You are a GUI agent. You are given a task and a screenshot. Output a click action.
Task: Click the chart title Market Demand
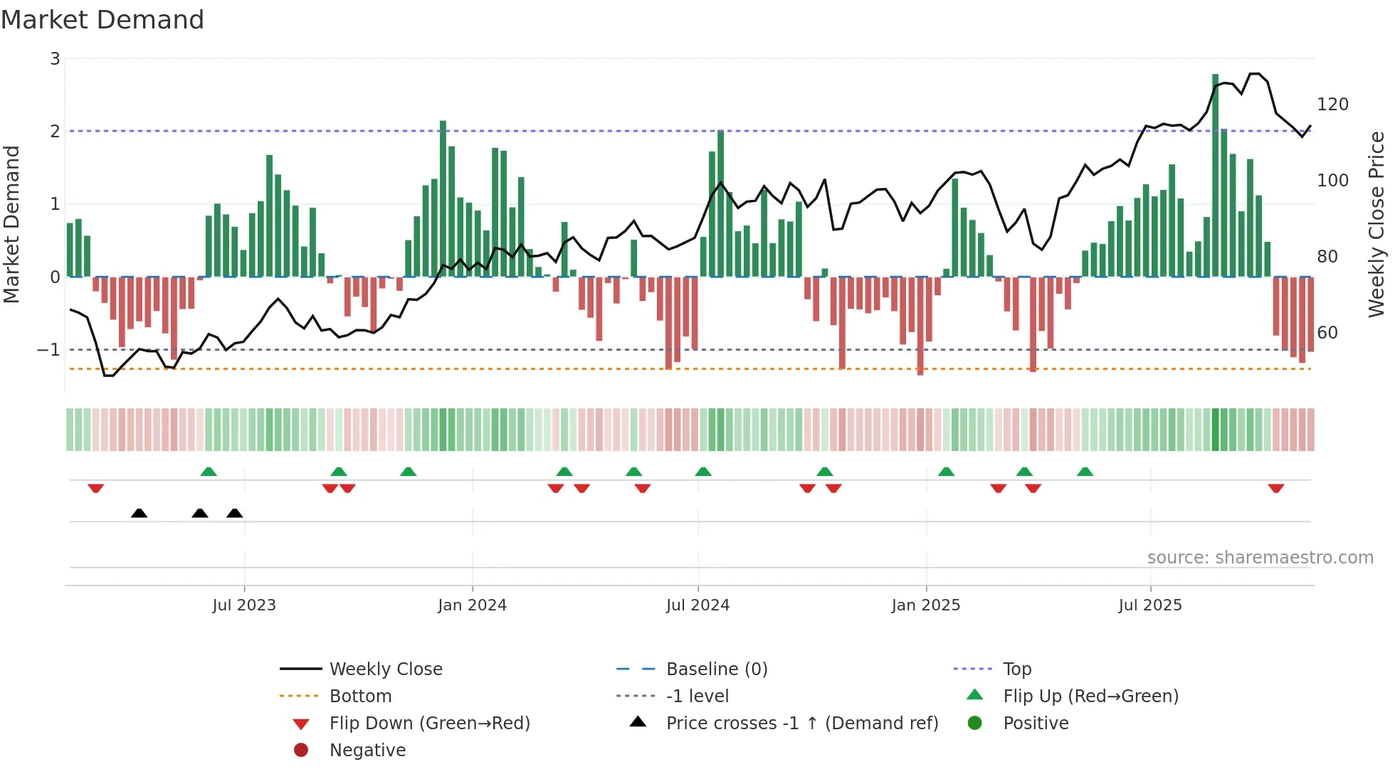(x=102, y=20)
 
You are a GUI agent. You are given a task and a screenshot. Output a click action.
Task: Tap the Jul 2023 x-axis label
(x=243, y=605)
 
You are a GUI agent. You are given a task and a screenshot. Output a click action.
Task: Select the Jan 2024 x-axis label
(x=472, y=605)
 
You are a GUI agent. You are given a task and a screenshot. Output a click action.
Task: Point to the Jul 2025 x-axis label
(x=1149, y=605)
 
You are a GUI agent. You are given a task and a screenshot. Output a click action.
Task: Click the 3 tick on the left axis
(x=55, y=59)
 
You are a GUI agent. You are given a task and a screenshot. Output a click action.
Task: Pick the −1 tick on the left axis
(x=48, y=350)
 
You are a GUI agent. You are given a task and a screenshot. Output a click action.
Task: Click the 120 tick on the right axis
(x=1332, y=105)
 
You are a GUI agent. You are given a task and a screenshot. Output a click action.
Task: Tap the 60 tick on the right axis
(x=1327, y=333)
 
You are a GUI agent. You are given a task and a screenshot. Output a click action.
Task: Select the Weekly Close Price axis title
(x=1376, y=224)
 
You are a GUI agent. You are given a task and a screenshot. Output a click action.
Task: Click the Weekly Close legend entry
(x=385, y=669)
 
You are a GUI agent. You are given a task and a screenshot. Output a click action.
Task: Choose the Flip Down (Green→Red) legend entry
(x=429, y=724)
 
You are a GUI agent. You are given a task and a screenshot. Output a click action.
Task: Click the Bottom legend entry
(x=360, y=696)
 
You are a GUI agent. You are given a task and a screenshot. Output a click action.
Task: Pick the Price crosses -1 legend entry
(x=801, y=724)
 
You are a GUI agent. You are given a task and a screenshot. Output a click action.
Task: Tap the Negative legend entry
(x=367, y=751)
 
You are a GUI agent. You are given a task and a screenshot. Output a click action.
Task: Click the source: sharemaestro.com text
(x=1260, y=558)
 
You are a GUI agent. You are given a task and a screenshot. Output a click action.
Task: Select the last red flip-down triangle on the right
(x=1275, y=489)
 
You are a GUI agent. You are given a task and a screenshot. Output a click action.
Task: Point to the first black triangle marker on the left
(x=139, y=513)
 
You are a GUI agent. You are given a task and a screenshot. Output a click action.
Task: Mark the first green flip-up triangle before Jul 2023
(x=209, y=472)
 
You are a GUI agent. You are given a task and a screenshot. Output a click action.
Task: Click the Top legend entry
(x=1016, y=669)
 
